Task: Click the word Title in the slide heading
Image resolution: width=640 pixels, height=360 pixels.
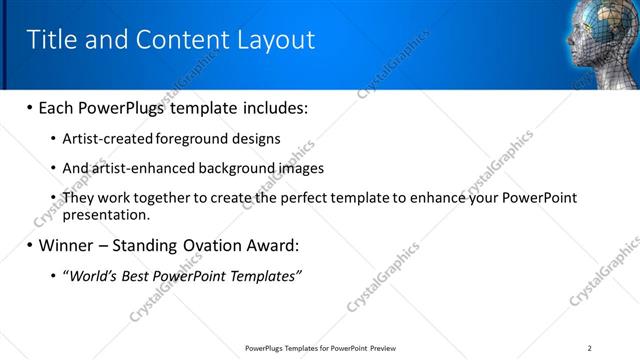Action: [49, 39]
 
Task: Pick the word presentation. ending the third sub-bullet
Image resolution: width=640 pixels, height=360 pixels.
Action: [106, 214]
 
